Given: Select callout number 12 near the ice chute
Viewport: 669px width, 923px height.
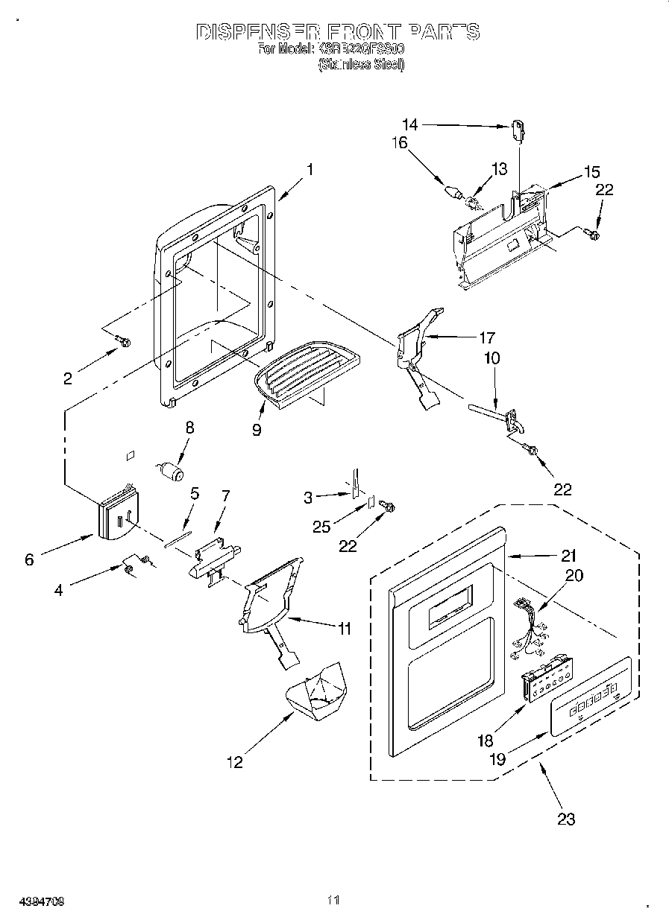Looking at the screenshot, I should (x=235, y=762).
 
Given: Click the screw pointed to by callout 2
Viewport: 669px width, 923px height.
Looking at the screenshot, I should (x=124, y=343).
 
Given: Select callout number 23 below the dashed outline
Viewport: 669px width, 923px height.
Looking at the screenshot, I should (x=567, y=819).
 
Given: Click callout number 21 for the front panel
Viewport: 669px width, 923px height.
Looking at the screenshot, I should (x=569, y=555).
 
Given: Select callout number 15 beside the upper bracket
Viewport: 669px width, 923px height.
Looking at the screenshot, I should (x=591, y=172).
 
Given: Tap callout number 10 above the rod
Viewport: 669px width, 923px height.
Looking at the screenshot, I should (x=492, y=358).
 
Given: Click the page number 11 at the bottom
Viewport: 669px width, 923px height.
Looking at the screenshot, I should (x=333, y=901).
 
